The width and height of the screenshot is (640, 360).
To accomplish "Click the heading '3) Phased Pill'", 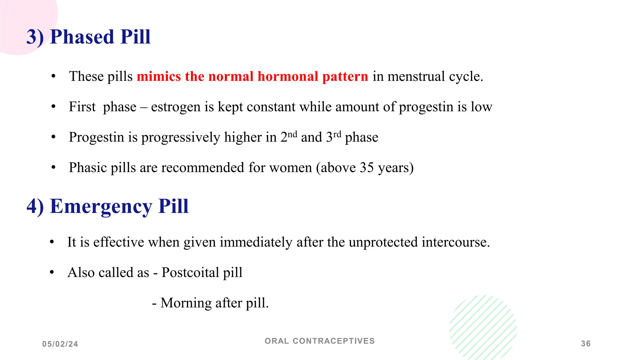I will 88,37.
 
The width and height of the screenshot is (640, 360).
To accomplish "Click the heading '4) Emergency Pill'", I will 107,206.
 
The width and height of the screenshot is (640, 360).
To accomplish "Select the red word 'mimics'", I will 159,77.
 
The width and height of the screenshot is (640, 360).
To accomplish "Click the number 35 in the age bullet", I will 367,168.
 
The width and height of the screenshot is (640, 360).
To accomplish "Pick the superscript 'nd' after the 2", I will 292,134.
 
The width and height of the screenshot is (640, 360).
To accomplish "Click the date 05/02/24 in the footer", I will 60,344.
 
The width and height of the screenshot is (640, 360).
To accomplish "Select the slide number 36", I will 586,344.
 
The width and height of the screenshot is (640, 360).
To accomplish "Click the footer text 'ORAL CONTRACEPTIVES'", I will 319,341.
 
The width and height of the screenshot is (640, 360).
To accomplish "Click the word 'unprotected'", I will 383,242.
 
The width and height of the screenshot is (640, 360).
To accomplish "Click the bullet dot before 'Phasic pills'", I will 53,167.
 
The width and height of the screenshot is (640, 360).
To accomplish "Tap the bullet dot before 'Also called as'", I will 52,272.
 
